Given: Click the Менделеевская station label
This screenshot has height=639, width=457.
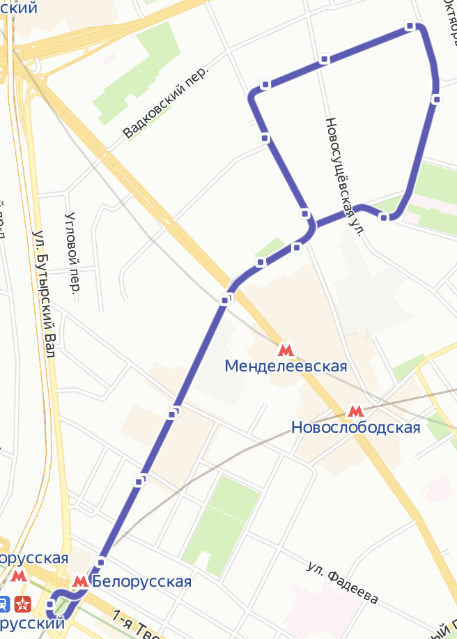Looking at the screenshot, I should point(286,366).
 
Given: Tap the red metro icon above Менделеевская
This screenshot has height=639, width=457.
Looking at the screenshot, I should point(285,350).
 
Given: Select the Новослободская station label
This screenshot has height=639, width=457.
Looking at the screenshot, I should point(356,427).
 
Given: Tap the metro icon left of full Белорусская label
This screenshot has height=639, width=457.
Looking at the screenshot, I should point(81,580).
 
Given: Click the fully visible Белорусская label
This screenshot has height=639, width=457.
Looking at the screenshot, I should point(141,581).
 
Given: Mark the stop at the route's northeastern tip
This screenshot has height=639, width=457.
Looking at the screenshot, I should point(410,26).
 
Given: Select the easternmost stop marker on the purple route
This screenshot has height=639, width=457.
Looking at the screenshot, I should point(436,99).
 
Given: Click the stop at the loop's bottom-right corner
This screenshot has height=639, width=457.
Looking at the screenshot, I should point(384,218).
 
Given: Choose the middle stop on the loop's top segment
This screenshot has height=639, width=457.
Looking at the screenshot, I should point(324,59).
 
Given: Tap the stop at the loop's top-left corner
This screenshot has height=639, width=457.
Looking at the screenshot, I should point(265,84).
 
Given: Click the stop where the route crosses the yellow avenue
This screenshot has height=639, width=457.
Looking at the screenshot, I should point(225,299).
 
